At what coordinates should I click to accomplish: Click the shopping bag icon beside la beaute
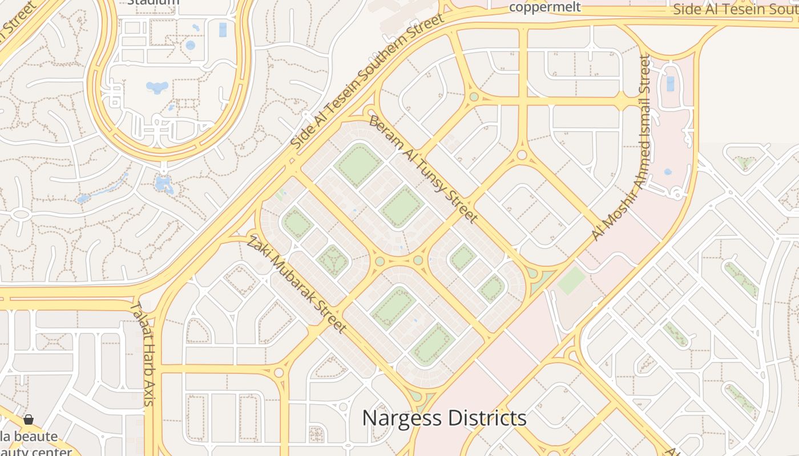coord(29,420)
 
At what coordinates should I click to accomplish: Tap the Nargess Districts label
coord(444,418)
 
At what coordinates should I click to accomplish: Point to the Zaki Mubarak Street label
coord(296,283)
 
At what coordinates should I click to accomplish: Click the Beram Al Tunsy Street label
coord(423,169)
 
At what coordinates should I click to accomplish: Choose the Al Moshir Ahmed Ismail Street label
coord(621,148)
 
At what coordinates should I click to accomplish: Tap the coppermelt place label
coord(544,7)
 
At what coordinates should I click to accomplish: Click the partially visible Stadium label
coord(153,2)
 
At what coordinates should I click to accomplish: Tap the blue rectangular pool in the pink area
coord(670,83)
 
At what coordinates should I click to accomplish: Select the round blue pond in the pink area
coord(668,172)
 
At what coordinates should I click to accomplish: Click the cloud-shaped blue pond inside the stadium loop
coord(157,87)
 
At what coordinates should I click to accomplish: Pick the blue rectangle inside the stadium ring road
coord(223,30)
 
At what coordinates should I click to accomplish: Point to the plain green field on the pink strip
coord(571,281)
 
